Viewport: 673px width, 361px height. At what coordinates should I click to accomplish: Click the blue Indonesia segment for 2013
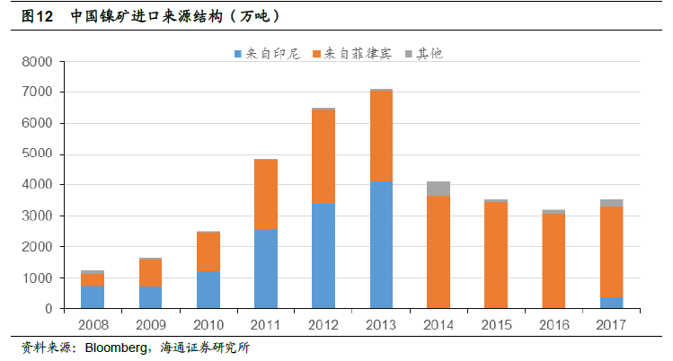[x=381, y=244]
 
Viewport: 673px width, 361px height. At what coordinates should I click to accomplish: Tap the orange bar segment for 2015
[x=496, y=255]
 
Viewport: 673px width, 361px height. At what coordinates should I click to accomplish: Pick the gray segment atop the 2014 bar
[x=438, y=188]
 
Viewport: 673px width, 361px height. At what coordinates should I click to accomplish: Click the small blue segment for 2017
[x=611, y=303]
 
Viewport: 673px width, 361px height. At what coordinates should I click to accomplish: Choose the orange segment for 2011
[x=266, y=194]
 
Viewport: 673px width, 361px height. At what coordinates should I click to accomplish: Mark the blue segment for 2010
[x=208, y=289]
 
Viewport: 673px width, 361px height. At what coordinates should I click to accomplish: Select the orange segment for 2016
[x=553, y=260]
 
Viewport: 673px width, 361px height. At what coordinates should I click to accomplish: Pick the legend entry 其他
[x=423, y=54]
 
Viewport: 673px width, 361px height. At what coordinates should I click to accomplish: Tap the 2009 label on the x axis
[x=151, y=323]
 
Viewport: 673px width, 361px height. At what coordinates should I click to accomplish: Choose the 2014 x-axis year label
[x=438, y=323]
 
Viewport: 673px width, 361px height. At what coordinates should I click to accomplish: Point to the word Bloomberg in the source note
[x=114, y=348]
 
